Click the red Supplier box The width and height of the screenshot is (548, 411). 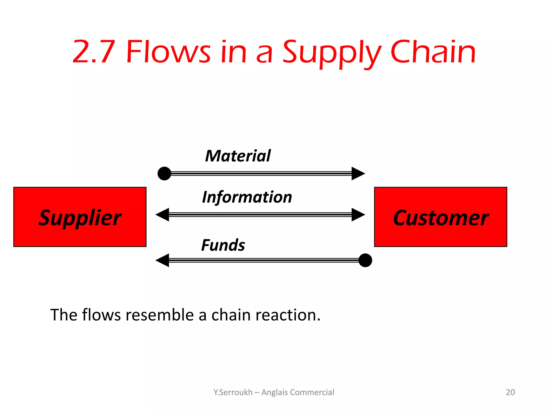80,217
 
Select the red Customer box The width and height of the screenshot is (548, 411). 440,217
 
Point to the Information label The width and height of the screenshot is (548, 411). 247,197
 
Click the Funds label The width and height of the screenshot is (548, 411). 223,245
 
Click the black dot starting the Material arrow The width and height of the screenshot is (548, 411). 164,173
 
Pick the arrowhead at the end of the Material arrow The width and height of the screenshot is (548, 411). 358,173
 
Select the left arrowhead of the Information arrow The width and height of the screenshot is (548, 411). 162,215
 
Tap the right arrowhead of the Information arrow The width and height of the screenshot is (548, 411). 358,215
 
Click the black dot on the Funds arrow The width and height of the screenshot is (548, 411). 365,260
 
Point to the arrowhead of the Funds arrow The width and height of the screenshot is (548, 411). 162,260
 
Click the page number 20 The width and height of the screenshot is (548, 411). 510,392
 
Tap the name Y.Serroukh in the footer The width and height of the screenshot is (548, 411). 233,392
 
